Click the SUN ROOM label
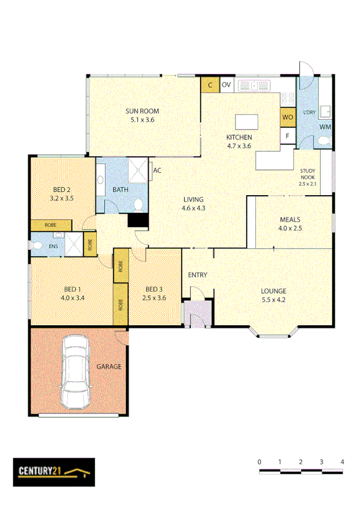(142, 111)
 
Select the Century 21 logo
(54, 471)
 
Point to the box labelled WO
(287, 116)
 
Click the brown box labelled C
(210, 85)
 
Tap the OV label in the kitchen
(226, 85)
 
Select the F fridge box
(288, 136)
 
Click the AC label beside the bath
(157, 170)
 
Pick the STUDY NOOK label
(307, 175)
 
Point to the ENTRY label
(197, 275)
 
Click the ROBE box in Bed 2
(51, 225)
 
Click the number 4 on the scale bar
(342, 461)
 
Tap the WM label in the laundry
(324, 126)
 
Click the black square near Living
(138, 220)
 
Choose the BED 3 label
(154, 289)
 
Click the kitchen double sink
(255, 86)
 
